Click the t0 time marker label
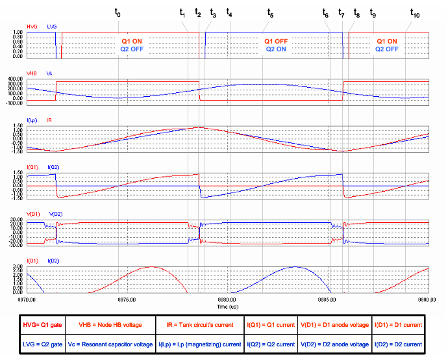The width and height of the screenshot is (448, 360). coord(118,13)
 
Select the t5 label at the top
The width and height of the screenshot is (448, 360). coord(270,13)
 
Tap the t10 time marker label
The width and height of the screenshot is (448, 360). coord(414,13)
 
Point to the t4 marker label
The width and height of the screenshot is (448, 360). coord(229,13)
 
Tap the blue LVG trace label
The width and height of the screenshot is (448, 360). coord(52,27)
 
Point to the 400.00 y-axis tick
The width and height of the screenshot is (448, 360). coord(16,79)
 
